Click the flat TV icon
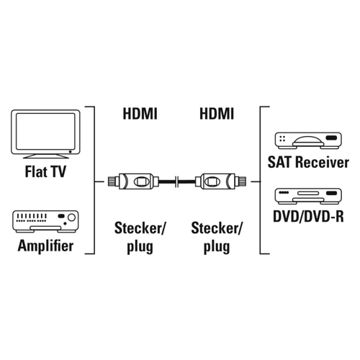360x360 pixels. [45, 134]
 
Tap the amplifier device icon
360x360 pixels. [45, 222]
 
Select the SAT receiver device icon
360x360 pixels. [308, 140]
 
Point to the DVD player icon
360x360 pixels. [308, 196]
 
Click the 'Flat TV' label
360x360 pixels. [45, 171]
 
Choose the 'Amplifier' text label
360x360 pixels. [45, 246]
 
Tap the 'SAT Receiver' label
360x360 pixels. [308, 162]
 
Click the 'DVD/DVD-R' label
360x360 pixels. [308, 216]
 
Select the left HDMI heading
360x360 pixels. [140, 114]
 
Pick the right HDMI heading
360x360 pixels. [217, 114]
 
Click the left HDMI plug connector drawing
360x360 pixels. [133, 181]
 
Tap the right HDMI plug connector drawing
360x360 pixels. [221, 181]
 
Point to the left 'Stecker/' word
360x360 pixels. [140, 228]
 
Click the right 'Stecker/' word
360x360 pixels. [217, 228]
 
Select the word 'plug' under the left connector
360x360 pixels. [140, 247]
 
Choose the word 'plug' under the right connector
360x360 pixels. [217, 247]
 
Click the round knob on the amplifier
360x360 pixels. [71, 217]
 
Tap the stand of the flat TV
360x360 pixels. [45, 156]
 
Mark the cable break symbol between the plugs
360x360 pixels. [177, 181]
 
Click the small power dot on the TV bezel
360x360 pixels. [70, 152]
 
